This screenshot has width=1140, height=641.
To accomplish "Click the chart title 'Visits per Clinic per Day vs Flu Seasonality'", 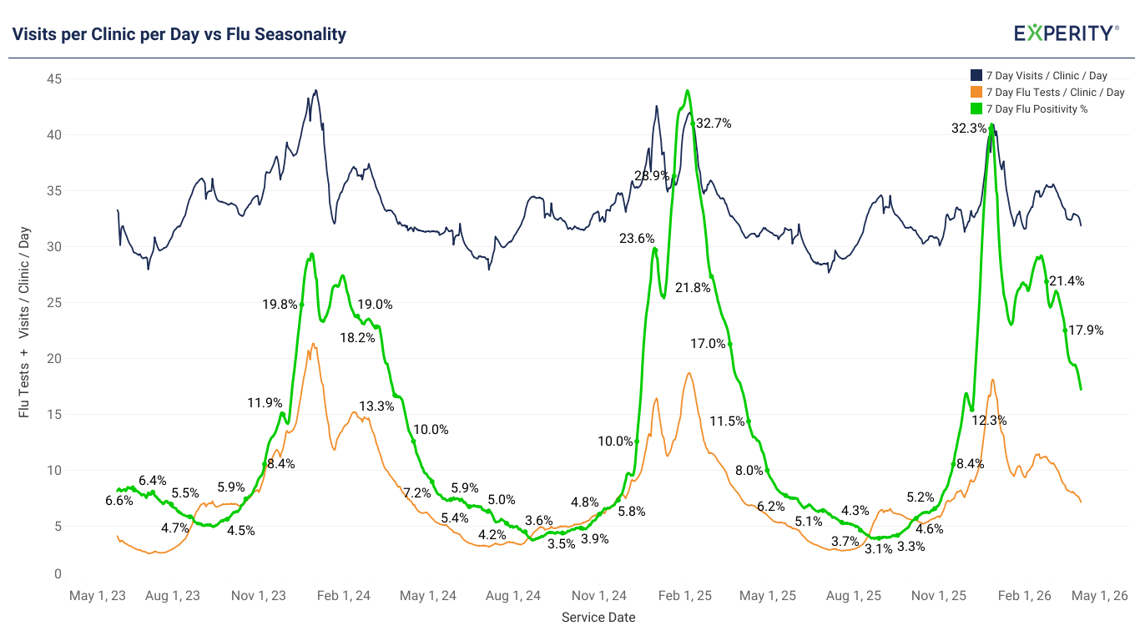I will [179, 34].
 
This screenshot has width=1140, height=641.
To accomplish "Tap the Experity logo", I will [1066, 33].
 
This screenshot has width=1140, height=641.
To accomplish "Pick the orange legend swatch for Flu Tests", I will [976, 93].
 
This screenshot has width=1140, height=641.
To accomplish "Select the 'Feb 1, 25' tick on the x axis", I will [684, 596].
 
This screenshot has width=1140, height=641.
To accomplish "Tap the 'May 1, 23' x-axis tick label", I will [98, 596].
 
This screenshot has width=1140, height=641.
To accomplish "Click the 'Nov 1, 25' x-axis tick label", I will [939, 596].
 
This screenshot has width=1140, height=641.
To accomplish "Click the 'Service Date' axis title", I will [598, 618].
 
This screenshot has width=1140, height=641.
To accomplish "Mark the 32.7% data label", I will [714, 124].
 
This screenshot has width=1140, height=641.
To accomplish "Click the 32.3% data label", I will [969, 129].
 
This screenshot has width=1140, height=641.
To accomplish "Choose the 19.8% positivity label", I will [280, 305].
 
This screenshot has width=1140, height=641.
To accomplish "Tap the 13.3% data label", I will [376, 406].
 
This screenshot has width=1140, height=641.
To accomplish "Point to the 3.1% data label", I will [878, 548].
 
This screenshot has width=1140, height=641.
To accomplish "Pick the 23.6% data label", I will [637, 239].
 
